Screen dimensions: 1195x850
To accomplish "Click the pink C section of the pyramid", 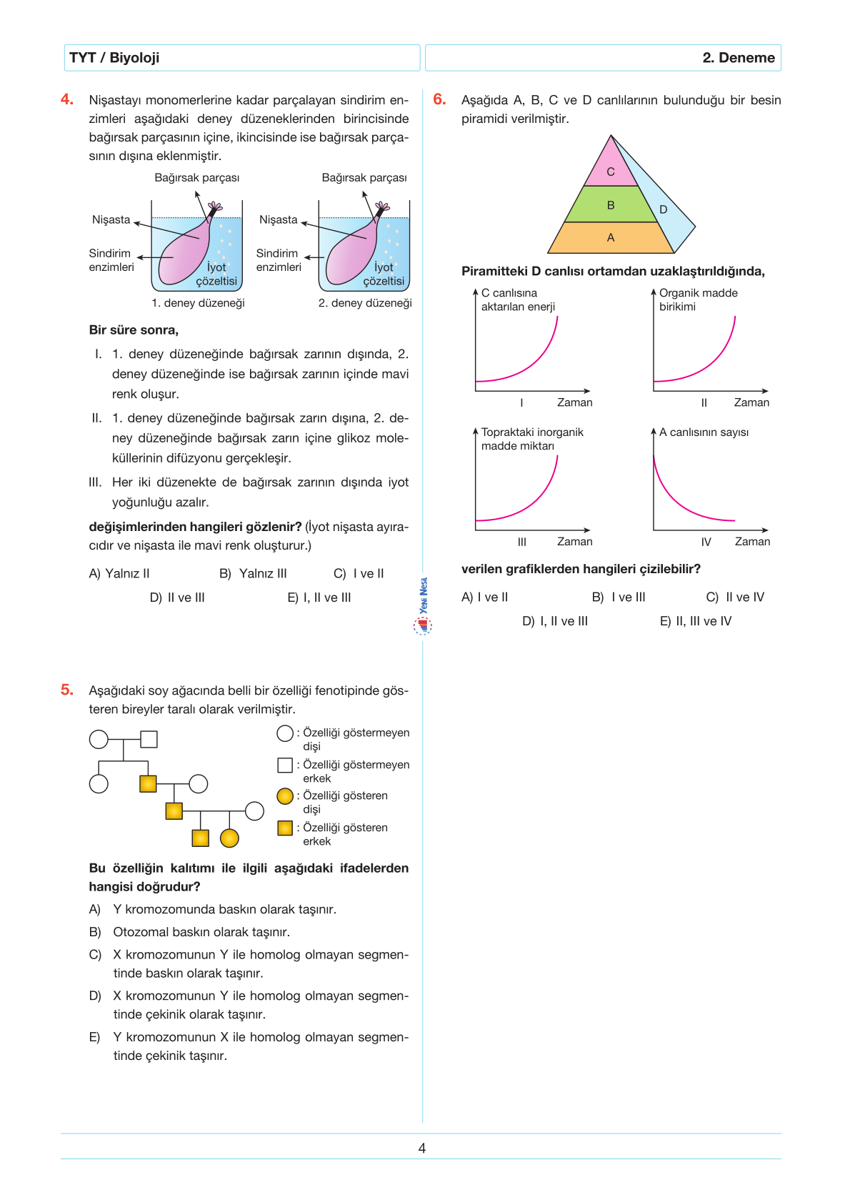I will pyautogui.click(x=611, y=169).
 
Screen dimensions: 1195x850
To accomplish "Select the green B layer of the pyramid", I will pyautogui.click(x=611, y=204).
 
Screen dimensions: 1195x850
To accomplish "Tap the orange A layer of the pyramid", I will pyautogui.click(x=611, y=238).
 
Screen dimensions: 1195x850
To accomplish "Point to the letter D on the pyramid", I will pyautogui.click(x=664, y=209).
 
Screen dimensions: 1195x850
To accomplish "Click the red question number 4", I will pyautogui.click(x=67, y=99).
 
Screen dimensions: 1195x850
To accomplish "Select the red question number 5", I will pyautogui.click(x=67, y=690).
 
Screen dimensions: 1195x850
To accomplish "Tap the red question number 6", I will pyautogui.click(x=439, y=99).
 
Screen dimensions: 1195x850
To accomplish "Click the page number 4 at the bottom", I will pyautogui.click(x=422, y=1148).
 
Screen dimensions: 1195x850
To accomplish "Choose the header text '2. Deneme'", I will pyautogui.click(x=739, y=58).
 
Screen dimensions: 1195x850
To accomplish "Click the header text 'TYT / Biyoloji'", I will pyautogui.click(x=114, y=58).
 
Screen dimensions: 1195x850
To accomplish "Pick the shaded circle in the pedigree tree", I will pyautogui.click(x=229, y=838).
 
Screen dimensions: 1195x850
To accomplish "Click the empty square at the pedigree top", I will pyautogui.click(x=149, y=739).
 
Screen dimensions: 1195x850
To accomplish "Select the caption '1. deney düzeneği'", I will pyautogui.click(x=198, y=303).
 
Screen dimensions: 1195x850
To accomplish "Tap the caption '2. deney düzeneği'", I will pyautogui.click(x=365, y=303).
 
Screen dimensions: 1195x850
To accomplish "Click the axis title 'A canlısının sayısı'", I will pyautogui.click(x=704, y=432).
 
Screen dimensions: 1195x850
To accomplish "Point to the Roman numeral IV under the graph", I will pyautogui.click(x=706, y=542).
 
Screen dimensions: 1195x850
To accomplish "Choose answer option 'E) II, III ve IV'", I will pyautogui.click(x=696, y=621).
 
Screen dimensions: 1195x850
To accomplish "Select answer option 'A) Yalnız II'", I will pyautogui.click(x=119, y=573).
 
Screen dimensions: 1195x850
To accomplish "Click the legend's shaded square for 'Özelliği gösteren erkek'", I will pyautogui.click(x=285, y=828).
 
